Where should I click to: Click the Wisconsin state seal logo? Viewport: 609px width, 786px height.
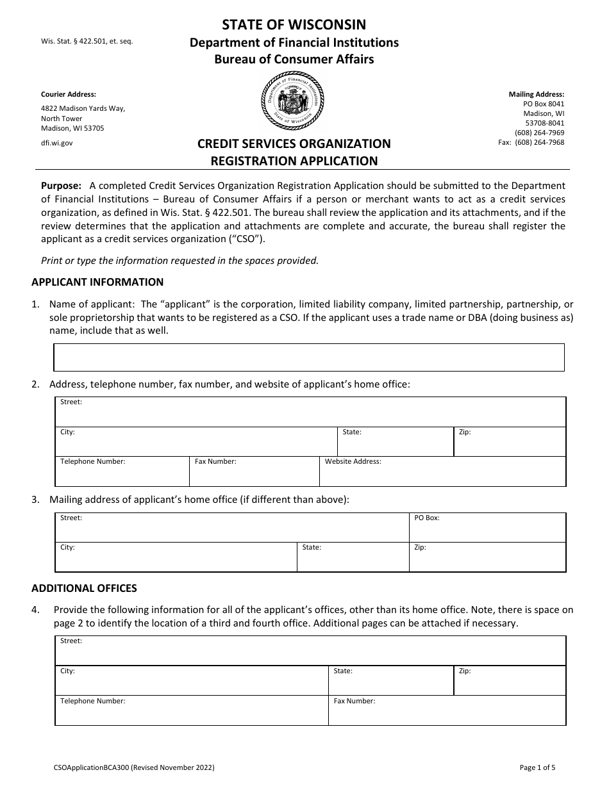294,101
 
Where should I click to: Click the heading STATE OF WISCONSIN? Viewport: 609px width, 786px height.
294,25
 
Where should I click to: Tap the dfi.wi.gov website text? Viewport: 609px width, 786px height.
57,143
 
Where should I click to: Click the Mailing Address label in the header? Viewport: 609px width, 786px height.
537,94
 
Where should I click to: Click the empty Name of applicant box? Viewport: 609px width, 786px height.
308,357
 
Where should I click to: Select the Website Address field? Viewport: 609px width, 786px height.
442,471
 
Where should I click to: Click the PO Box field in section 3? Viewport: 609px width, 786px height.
487,527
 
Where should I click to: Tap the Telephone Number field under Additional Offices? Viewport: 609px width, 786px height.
192,710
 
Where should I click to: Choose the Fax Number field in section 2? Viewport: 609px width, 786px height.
254,471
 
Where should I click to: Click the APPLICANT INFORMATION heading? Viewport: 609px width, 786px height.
97,282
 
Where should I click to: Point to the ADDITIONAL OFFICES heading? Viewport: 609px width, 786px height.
84,588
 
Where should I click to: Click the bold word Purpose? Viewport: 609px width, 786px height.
61,186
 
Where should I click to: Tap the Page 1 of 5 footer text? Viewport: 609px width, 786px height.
538,767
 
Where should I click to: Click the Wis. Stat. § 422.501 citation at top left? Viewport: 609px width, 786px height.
87,42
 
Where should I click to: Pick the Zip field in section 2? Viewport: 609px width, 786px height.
510,441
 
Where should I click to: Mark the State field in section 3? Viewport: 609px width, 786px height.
353,557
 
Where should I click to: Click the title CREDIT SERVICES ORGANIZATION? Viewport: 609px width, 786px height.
294,144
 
